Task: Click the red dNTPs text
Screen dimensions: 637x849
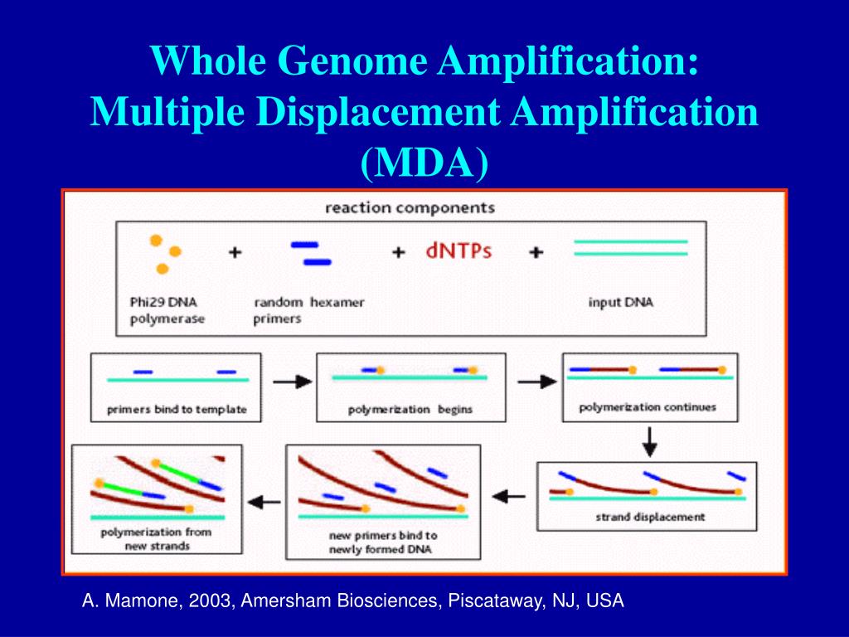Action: pos(458,250)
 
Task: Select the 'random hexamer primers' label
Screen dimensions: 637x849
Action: pos(308,309)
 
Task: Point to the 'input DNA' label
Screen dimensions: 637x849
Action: pos(620,302)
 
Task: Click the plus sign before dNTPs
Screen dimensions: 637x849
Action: pos(399,252)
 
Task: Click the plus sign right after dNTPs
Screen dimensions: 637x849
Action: pos(536,252)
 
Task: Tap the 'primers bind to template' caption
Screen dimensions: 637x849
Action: pos(177,410)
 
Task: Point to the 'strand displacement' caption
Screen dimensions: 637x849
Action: pos(651,517)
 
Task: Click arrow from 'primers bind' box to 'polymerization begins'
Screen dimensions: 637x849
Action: pos(292,382)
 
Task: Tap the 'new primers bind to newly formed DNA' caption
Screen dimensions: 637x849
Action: pos(382,542)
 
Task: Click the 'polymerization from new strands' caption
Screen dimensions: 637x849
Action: pos(156,538)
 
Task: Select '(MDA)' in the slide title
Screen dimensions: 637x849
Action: pos(424,163)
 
